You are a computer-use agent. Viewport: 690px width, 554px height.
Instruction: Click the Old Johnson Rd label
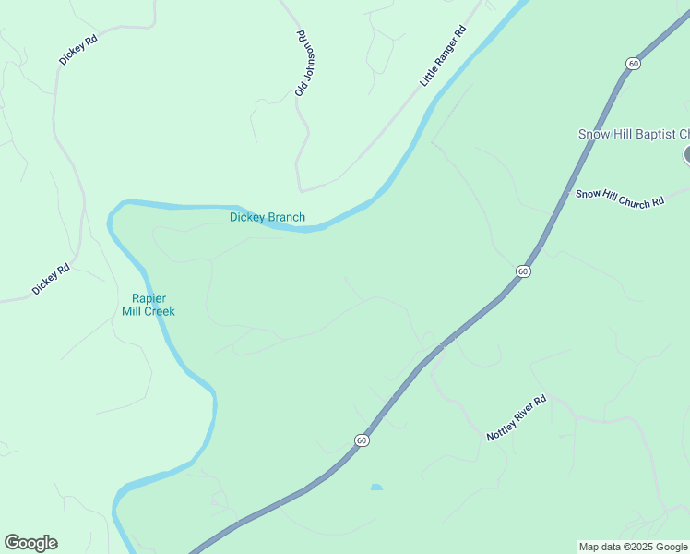[x=301, y=64]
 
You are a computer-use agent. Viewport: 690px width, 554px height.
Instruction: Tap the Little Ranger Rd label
[x=443, y=57]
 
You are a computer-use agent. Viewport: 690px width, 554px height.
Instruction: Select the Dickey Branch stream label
[x=267, y=218]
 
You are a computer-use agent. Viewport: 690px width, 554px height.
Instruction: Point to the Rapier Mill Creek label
[x=148, y=305]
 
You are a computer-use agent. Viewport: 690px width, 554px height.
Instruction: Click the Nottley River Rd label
[x=517, y=418]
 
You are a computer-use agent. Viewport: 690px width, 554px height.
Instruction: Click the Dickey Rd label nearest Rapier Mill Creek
[x=51, y=280]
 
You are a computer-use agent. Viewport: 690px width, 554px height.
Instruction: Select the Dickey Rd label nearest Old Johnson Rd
[x=77, y=49]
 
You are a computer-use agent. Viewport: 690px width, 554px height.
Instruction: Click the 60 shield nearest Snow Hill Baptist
[x=632, y=63]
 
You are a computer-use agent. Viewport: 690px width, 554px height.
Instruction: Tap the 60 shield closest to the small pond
[x=362, y=440]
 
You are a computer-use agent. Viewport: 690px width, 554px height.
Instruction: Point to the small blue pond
[x=375, y=487]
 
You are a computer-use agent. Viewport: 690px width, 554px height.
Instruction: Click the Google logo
[x=30, y=543]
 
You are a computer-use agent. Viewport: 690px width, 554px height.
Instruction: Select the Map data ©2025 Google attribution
[x=634, y=547]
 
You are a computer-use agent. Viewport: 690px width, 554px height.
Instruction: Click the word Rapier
[x=149, y=298]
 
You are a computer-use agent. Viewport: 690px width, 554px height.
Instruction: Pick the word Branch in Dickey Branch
[x=286, y=218]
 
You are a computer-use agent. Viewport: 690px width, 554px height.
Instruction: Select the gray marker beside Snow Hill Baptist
[x=687, y=154]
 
